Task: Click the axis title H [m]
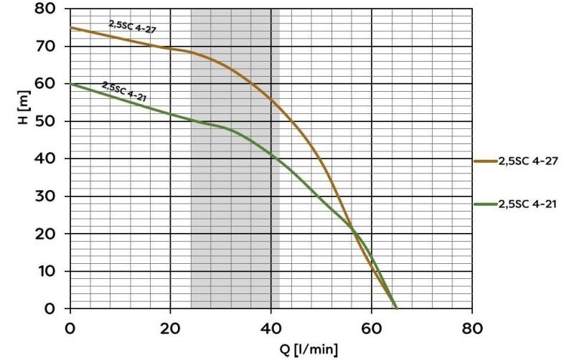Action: (x=24, y=108)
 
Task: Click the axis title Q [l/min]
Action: (x=306, y=349)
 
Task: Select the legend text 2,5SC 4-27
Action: (x=528, y=161)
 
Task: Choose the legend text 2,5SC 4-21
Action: (x=528, y=204)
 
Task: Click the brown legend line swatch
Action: (x=486, y=161)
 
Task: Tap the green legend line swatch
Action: (x=486, y=204)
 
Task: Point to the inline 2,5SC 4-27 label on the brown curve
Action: (x=132, y=27)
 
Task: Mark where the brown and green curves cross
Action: (x=354, y=230)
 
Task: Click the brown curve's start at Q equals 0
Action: (x=70, y=28)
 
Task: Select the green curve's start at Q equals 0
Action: (x=70, y=84)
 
